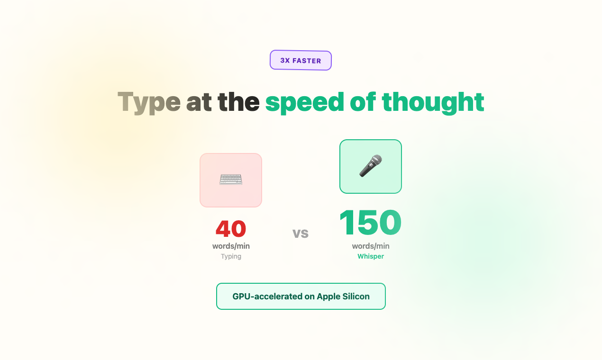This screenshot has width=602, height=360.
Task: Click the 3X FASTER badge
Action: point(301,61)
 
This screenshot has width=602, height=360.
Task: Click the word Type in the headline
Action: point(149,102)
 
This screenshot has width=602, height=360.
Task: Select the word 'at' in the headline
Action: point(199,102)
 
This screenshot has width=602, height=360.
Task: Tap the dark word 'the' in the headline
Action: point(238,102)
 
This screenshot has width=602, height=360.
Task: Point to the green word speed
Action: point(304,102)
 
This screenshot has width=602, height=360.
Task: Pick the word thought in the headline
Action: point(433,102)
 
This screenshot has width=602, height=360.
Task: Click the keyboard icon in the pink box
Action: point(231,180)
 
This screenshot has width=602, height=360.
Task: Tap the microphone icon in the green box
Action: point(371,166)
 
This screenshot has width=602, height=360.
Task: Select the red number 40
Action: point(231,229)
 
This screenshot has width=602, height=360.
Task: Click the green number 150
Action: point(370,223)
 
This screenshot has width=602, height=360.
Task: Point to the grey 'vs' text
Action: point(301,233)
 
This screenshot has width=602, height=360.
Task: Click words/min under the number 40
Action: point(231,246)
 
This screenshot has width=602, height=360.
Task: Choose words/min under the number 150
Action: point(371,246)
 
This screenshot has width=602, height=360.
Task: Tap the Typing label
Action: point(231,256)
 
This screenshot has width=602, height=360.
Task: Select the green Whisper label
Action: point(371,256)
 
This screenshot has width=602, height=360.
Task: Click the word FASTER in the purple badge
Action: point(307,61)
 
